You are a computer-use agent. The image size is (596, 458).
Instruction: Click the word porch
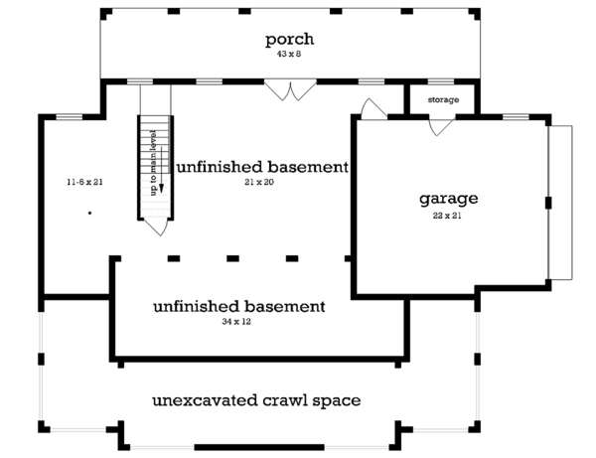coord(289,40)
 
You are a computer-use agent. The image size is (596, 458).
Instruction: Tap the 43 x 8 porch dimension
coord(289,54)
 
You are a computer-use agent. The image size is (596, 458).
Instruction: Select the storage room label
coord(443,99)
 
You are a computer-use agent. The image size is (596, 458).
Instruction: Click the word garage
coord(449,199)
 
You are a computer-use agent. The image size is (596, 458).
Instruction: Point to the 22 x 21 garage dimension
coord(447,216)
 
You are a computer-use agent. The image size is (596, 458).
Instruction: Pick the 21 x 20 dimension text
coord(259,182)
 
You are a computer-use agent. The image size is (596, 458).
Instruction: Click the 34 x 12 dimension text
coord(236,322)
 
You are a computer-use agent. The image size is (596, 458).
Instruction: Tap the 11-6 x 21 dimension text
coord(84,182)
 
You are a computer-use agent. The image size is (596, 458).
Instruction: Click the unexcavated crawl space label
coord(256,400)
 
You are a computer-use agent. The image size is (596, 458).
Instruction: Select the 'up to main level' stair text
coord(154,163)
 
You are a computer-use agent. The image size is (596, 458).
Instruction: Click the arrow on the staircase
coord(161,169)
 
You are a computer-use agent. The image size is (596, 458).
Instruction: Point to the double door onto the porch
coord(290,90)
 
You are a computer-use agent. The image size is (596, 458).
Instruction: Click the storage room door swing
coord(442,127)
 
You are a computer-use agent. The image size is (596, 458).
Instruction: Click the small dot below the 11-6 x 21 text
coord(89,213)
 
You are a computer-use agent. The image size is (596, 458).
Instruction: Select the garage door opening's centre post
coord(548,203)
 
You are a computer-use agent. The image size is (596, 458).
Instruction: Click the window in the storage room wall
coord(441,81)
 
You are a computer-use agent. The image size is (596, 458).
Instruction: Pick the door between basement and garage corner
coord(374,108)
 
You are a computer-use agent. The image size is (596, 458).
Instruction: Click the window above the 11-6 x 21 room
coord(70,116)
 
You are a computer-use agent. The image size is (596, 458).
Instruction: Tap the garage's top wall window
coord(516,116)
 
